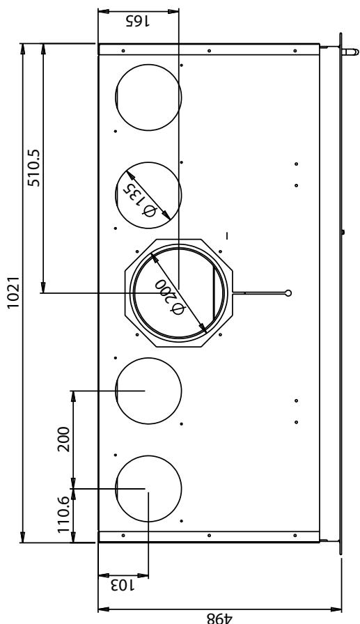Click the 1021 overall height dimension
14,292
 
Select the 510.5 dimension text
33,168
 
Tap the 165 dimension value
138,21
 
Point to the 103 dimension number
123,586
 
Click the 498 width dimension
219,618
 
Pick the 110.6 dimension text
63,514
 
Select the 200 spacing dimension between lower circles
63,439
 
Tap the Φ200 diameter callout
170,297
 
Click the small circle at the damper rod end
288,293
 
